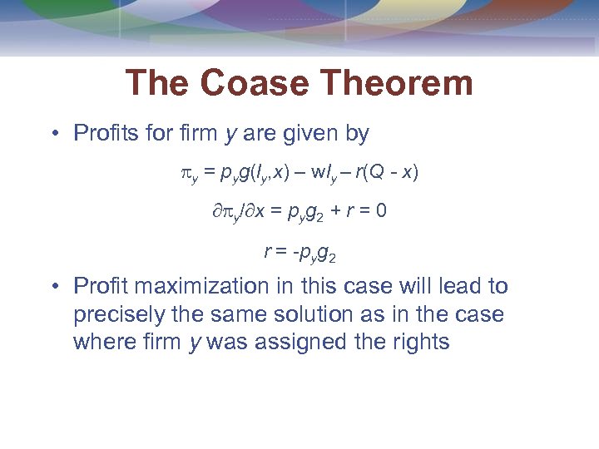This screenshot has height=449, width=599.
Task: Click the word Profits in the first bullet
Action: (x=104, y=133)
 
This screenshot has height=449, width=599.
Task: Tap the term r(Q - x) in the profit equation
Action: (x=388, y=173)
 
